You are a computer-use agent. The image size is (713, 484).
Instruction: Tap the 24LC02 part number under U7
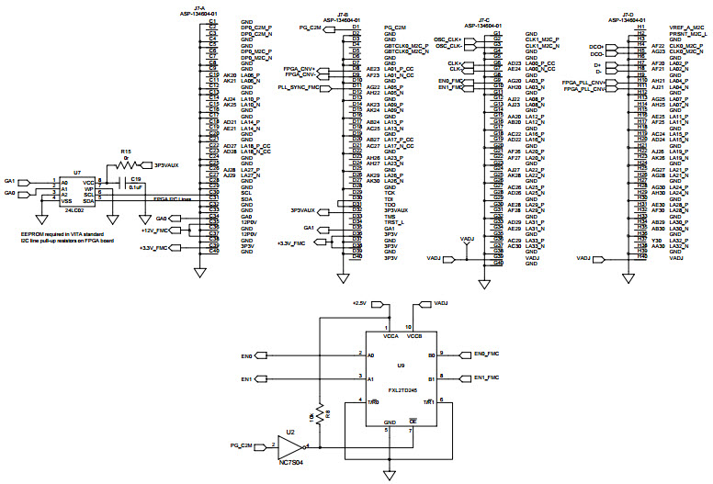pyautogui.click(x=74, y=209)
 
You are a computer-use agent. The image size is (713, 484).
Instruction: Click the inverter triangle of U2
pyautogui.click(x=291, y=446)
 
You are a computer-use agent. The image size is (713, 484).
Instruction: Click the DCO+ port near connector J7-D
pyautogui.click(x=596, y=45)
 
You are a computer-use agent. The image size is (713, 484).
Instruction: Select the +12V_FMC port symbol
pyautogui.click(x=154, y=231)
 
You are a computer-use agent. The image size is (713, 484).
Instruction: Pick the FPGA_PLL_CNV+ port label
pyautogui.click(x=583, y=83)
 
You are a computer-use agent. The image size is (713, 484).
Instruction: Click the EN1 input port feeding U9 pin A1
pyautogui.click(x=247, y=377)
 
